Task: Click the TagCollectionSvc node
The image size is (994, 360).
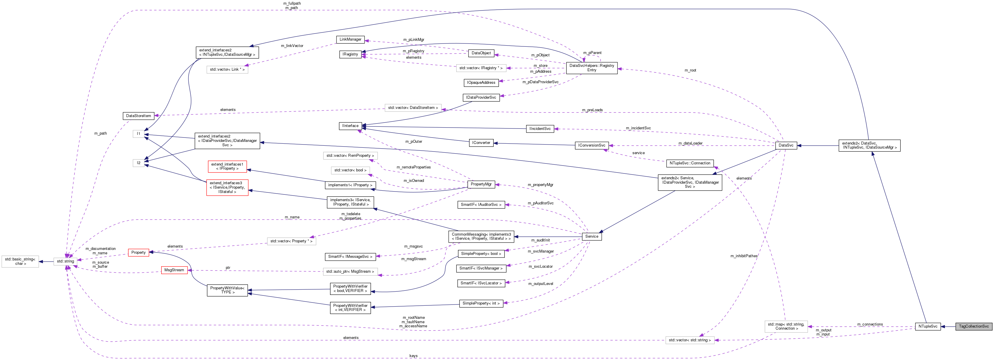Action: coord(974,326)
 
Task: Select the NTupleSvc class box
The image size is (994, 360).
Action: coord(928,326)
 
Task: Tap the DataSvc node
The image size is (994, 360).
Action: coord(786,145)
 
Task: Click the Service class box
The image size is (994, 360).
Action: coord(591,236)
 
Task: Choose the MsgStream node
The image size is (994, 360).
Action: coord(174,270)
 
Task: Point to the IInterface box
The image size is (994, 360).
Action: coord(350,126)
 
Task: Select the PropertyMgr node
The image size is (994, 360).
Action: coord(481,185)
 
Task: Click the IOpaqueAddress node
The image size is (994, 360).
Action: coord(481,83)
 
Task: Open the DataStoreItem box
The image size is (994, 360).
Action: coord(138,116)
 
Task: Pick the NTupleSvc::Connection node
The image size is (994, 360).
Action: coord(690,163)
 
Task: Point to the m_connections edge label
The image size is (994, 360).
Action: coord(870,324)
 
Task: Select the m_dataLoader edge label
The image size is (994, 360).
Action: coord(690,143)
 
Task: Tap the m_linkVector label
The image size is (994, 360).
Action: coord(292,46)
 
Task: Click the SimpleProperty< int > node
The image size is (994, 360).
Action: coord(481,303)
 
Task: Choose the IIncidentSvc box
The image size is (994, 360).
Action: coord(540,129)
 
